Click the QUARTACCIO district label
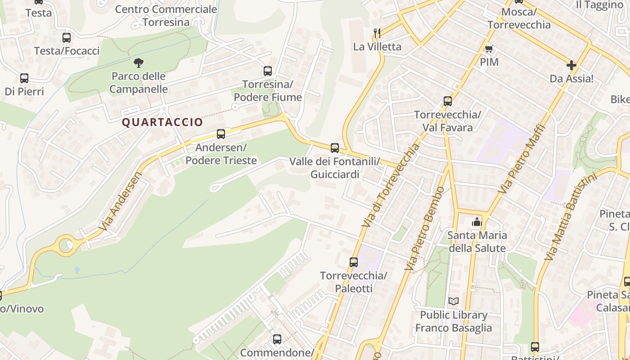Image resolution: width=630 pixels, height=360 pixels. [162, 122]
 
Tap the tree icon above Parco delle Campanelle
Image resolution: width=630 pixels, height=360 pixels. [139, 63]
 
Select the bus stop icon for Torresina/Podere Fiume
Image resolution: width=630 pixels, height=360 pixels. [268, 71]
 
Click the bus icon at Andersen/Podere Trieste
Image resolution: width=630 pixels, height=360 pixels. [220, 134]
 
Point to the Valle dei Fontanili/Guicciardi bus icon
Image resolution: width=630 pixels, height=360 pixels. [334, 148]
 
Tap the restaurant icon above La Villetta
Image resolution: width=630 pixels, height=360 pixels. [377, 33]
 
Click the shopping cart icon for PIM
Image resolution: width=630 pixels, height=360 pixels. [489, 49]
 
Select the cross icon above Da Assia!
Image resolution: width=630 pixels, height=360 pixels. [571, 65]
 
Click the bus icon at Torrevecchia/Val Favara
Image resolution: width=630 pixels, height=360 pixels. [447, 101]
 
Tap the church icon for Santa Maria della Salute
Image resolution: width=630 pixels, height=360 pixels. [477, 221]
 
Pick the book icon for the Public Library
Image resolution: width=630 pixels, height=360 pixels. [453, 301]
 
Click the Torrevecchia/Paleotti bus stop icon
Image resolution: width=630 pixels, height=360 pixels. [353, 261]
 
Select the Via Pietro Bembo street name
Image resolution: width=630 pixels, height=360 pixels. [425, 229]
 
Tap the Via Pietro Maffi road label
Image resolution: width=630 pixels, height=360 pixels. [522, 159]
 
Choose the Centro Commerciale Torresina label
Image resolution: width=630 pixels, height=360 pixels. [166, 15]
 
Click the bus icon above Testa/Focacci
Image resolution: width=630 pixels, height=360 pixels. [67, 37]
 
